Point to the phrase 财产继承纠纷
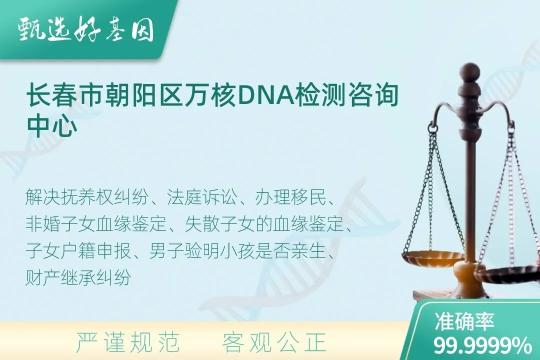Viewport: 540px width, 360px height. point(77,278)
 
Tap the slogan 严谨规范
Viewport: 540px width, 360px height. point(127,342)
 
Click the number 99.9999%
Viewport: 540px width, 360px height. point(482,345)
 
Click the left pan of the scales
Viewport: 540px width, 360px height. point(433,258)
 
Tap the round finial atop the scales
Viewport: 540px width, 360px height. point(469,71)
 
